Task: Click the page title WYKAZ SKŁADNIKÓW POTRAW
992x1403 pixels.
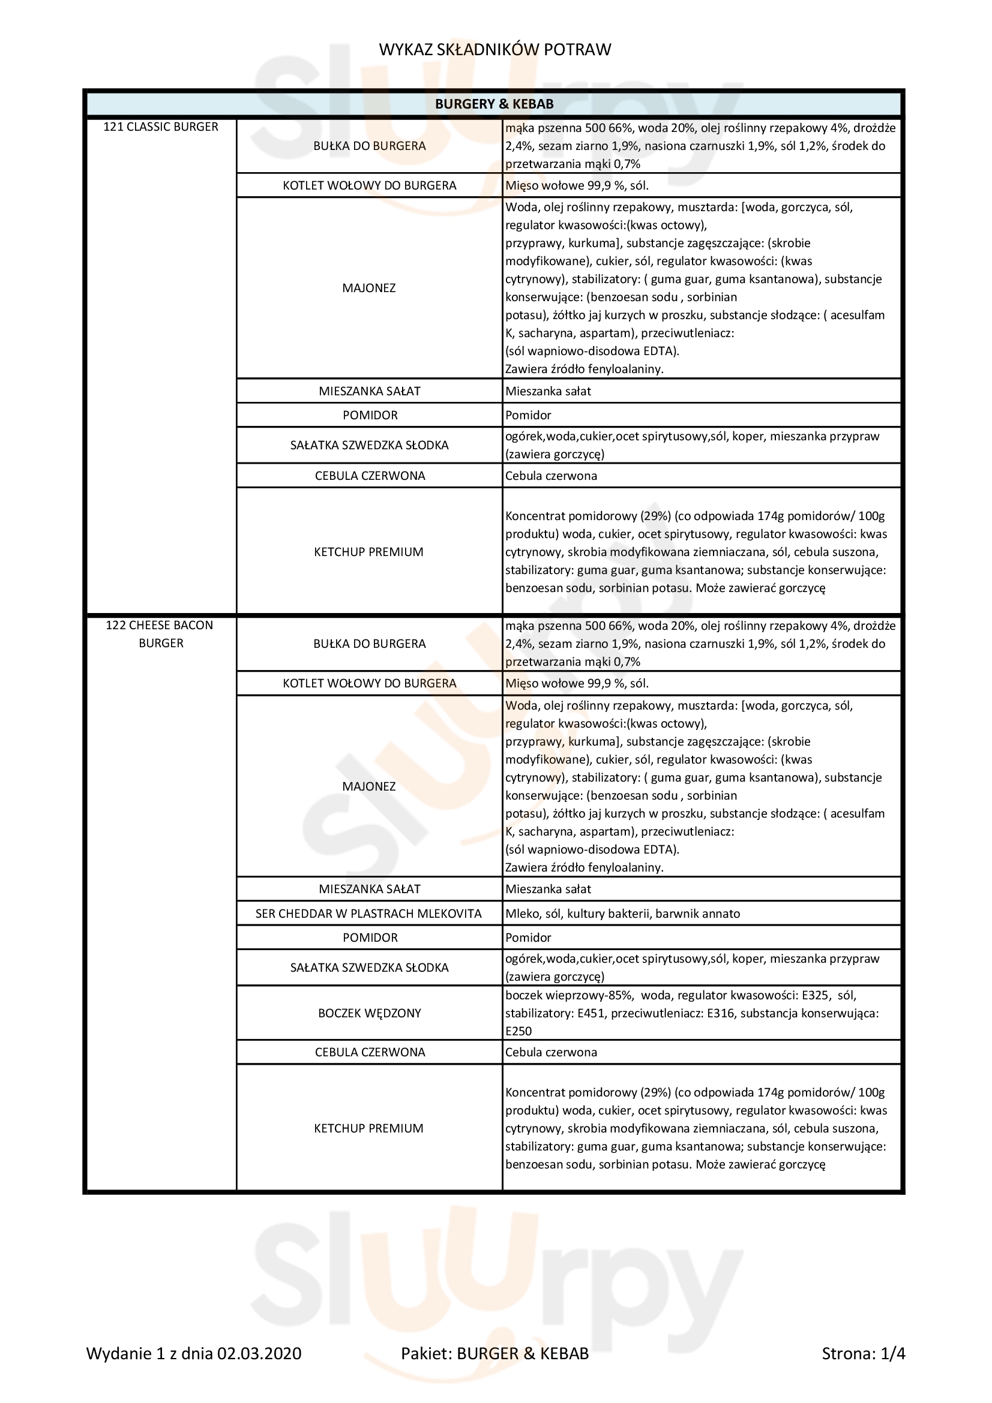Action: point(494,50)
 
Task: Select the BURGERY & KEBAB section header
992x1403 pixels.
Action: point(494,104)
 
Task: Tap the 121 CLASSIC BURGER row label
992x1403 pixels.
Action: point(161,127)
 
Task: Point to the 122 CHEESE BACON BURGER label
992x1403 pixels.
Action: point(161,633)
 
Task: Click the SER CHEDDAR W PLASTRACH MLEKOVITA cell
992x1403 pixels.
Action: point(368,914)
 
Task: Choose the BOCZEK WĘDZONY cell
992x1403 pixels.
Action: point(369,1013)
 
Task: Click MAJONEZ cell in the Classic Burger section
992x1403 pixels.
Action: point(368,288)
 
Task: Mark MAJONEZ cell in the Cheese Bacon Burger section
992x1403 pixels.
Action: point(368,786)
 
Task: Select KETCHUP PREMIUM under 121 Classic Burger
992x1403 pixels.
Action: point(368,552)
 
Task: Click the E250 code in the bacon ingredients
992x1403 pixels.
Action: point(519,1031)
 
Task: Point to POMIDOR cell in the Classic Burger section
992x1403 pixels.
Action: point(370,415)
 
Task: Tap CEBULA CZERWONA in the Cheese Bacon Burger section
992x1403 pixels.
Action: point(370,1052)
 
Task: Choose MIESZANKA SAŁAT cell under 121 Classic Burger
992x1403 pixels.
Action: point(369,391)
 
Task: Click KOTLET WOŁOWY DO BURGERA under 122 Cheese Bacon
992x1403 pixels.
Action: point(369,683)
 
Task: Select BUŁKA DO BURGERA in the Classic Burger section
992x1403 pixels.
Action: point(369,146)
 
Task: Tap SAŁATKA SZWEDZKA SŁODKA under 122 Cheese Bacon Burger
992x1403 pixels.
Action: point(369,968)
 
